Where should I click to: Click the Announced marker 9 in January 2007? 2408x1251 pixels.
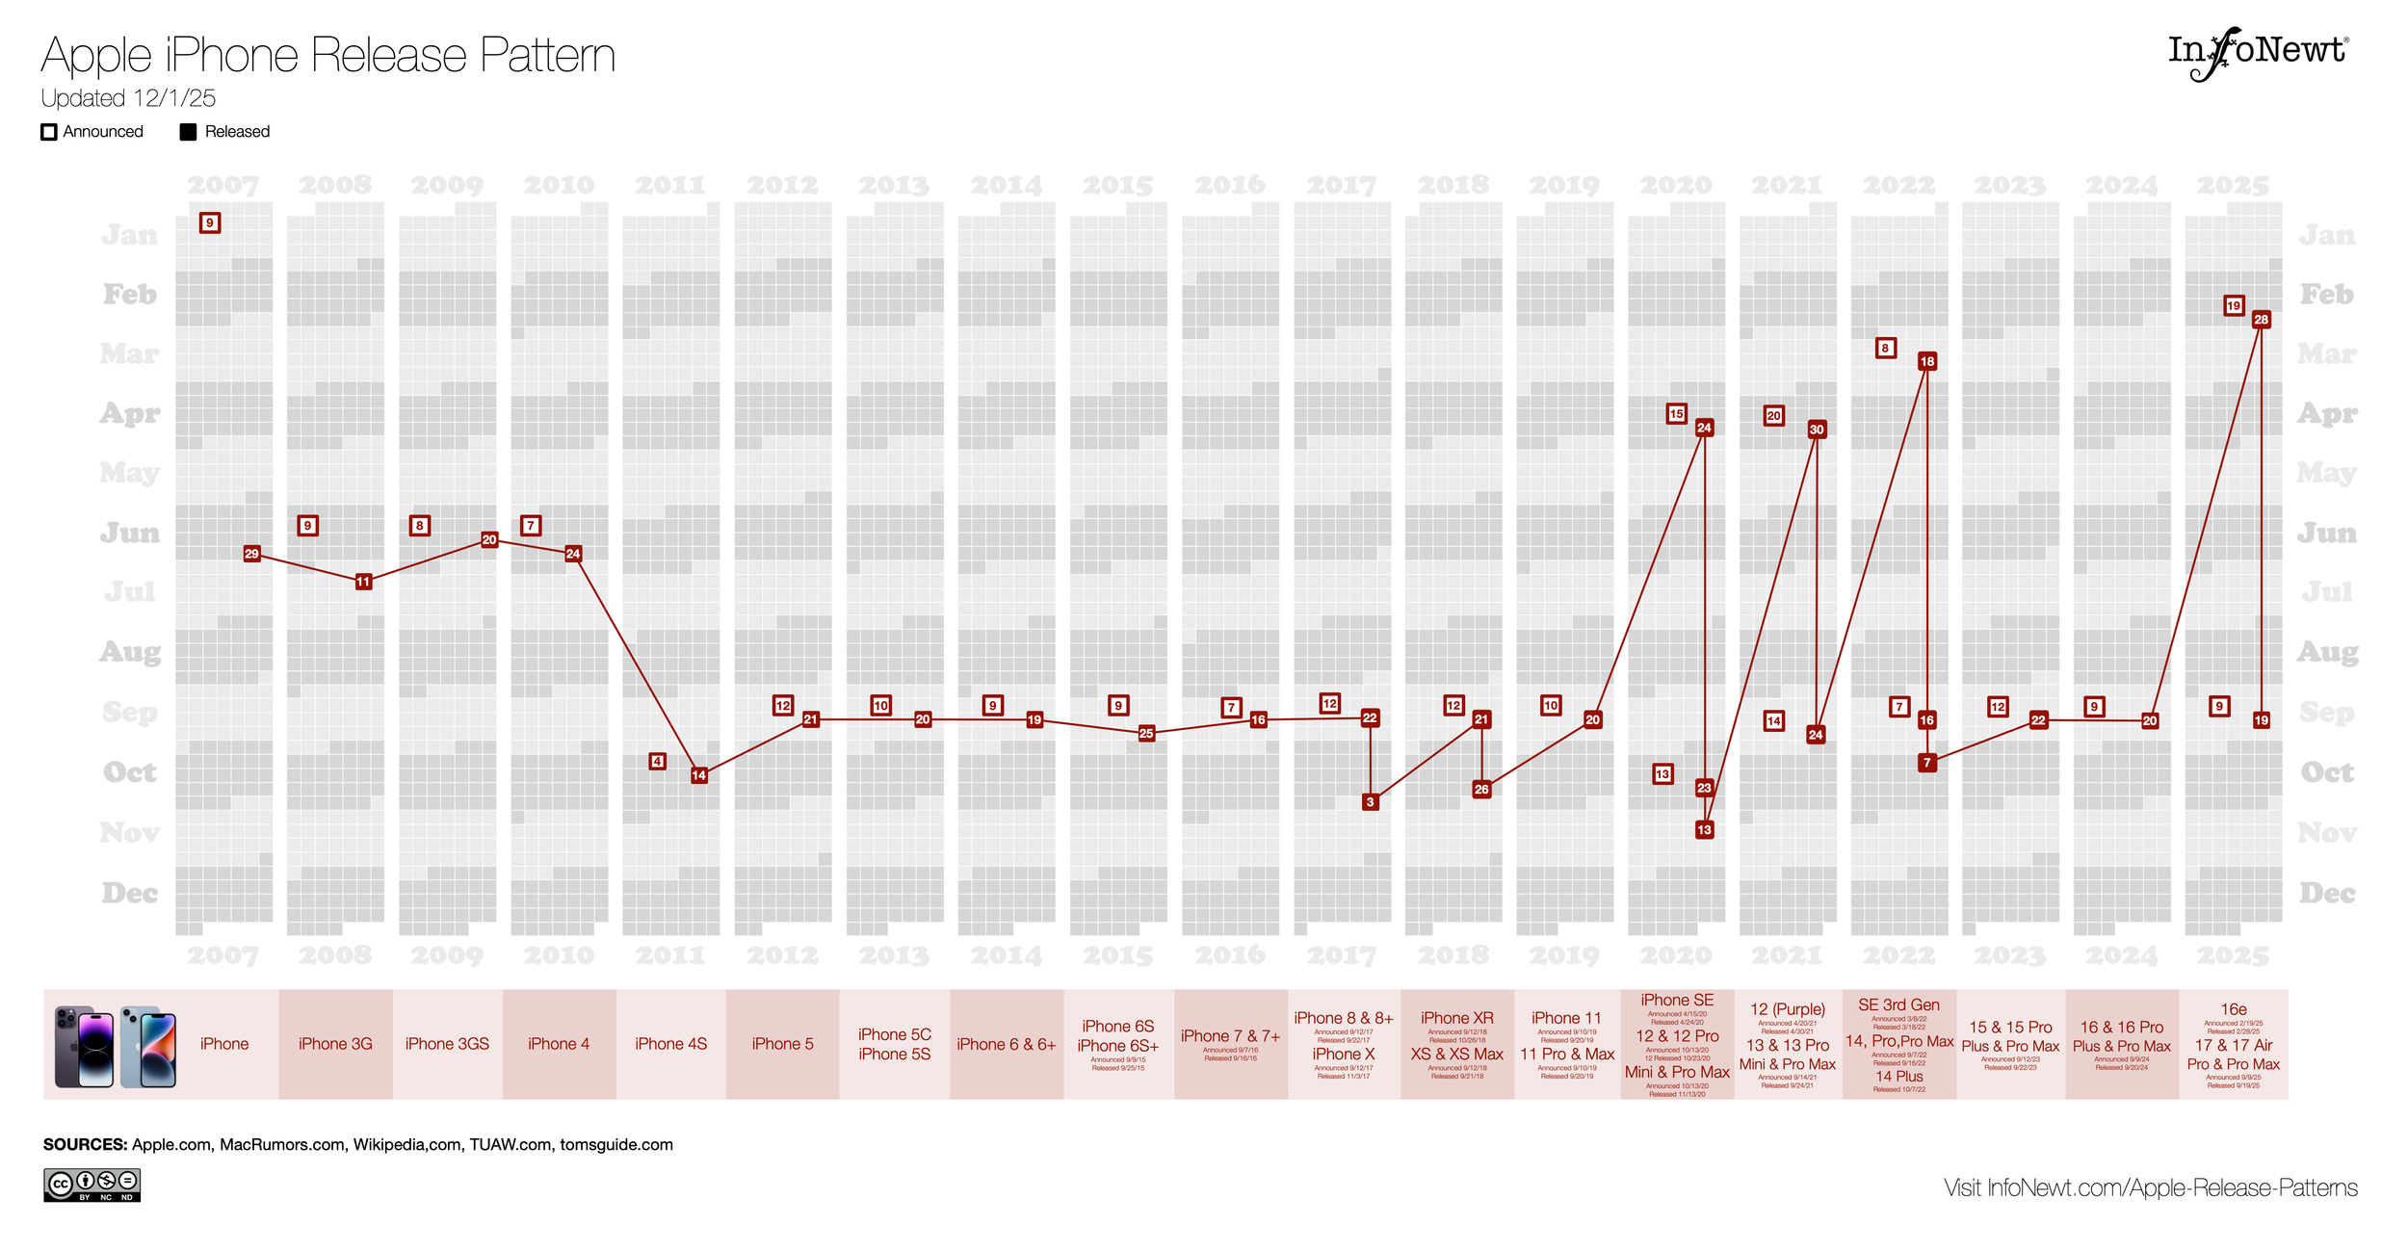pos(210,222)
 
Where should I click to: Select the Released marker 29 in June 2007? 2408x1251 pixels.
pos(251,554)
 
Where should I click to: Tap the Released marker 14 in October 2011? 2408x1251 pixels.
pos(699,775)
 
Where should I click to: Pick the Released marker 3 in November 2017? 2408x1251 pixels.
pos(1370,801)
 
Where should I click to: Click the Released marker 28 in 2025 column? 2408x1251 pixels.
pos(2261,320)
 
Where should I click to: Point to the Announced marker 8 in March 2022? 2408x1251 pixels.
pos(1885,348)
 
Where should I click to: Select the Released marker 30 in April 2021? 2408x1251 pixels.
pos(1817,430)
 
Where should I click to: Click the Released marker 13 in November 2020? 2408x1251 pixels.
pos(1704,829)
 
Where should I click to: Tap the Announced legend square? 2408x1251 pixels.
pos(49,132)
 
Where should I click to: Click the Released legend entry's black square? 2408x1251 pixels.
pos(188,132)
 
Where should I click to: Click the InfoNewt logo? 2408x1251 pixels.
pos(2257,53)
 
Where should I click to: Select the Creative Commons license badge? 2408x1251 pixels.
pos(92,1185)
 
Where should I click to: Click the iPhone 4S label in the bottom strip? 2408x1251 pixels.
pos(670,1044)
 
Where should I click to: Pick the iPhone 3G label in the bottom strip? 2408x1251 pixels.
pos(335,1044)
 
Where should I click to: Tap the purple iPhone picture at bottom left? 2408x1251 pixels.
pos(85,1046)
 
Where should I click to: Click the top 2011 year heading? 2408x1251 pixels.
pos(670,184)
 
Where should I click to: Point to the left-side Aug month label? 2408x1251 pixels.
pos(130,652)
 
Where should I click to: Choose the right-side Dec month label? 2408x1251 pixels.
pos(2327,893)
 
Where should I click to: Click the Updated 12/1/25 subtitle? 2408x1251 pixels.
pos(128,98)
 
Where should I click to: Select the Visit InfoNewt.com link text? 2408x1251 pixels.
pos(2150,1187)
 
